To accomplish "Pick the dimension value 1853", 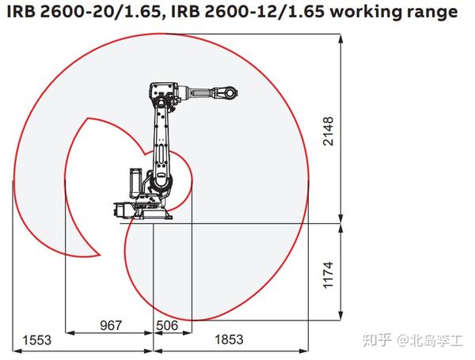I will (229, 339).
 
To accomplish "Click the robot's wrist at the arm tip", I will (229, 93).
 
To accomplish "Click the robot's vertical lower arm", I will (162, 142).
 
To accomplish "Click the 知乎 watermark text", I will (378, 340).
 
